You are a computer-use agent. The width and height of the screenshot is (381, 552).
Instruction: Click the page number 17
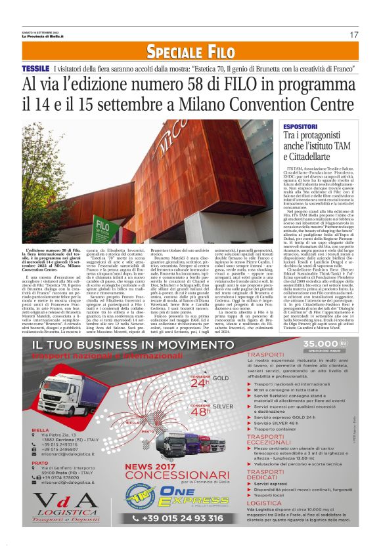tap(354, 34)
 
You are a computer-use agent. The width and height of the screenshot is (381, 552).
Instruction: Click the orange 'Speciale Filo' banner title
tap(190, 52)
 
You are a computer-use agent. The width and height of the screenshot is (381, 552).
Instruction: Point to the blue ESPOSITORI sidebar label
tap(300, 125)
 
